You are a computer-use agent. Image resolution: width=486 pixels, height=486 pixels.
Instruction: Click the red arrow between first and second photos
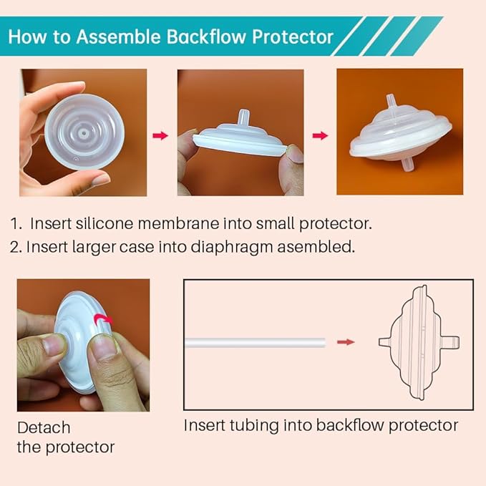pyautogui.click(x=161, y=135)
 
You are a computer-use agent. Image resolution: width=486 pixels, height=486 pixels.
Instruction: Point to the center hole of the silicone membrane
pyautogui.click(x=84, y=133)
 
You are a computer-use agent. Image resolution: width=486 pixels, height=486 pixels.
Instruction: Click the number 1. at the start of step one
pyautogui.click(x=16, y=223)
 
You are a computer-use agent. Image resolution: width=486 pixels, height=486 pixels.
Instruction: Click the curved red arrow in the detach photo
pyautogui.click(x=105, y=321)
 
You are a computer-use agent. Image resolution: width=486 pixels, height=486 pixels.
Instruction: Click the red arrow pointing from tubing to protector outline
pyautogui.click(x=346, y=342)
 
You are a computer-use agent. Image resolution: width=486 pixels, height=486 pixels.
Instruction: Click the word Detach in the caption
pyautogui.click(x=44, y=428)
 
